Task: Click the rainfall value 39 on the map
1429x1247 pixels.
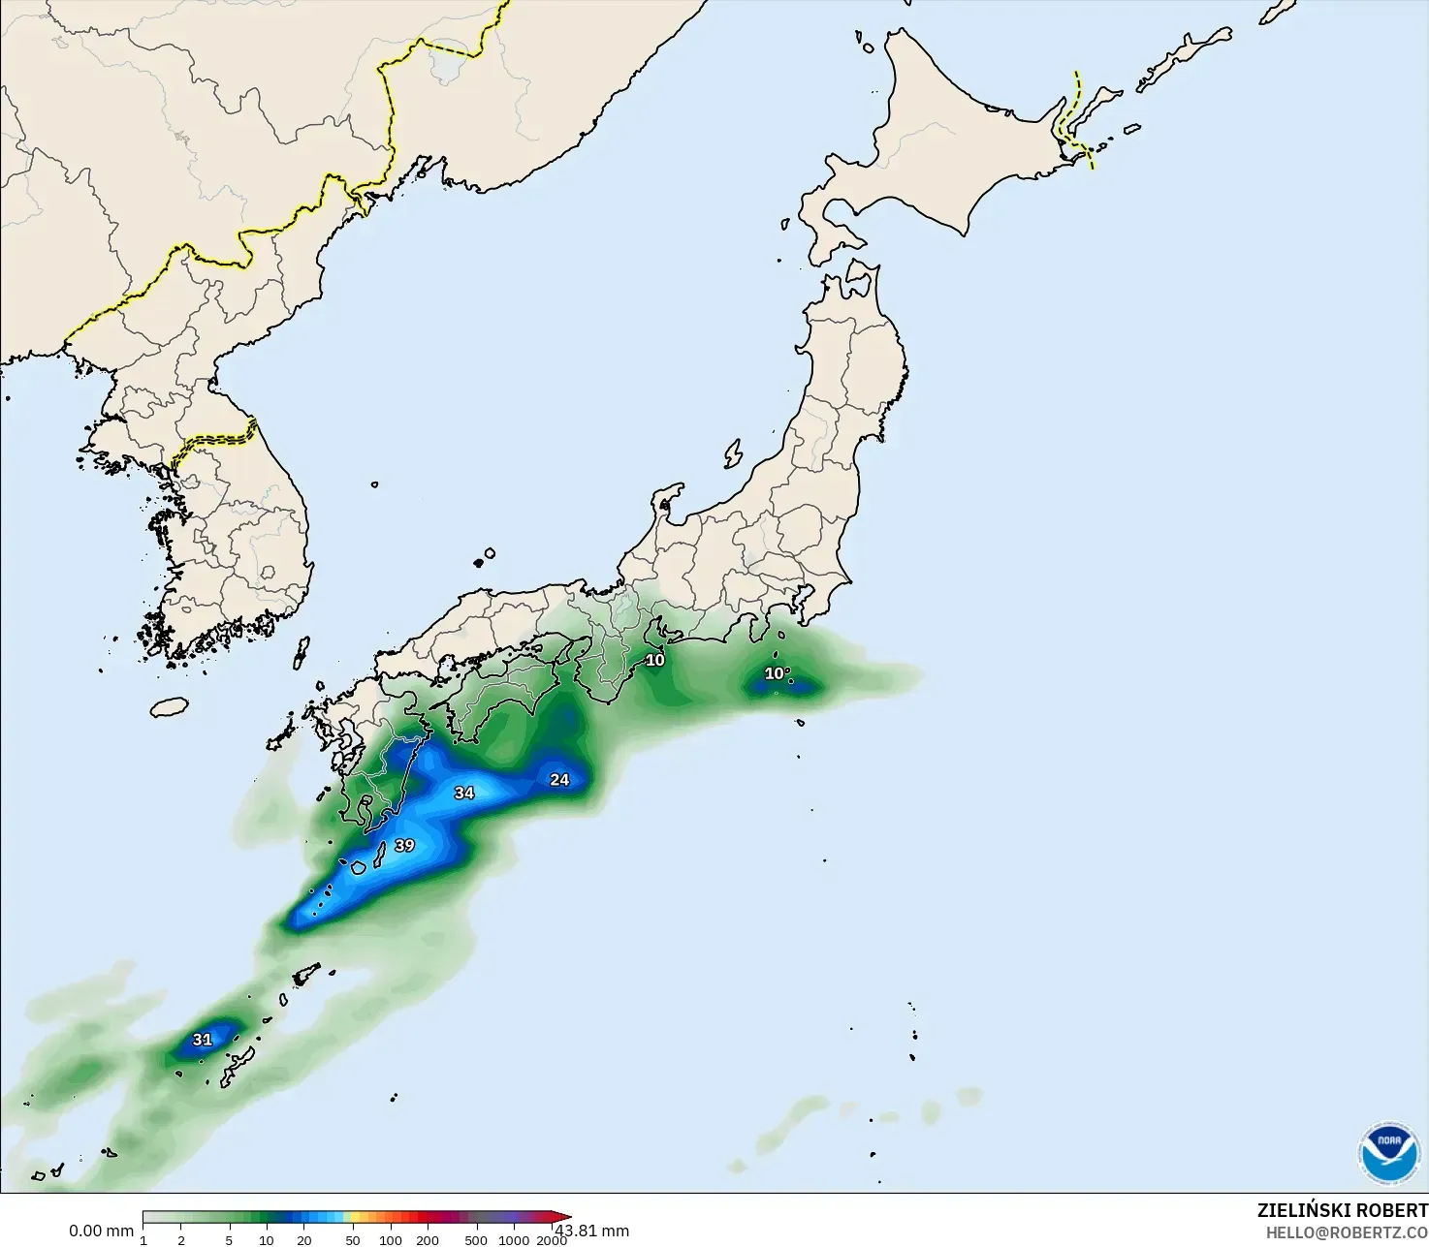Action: [404, 845]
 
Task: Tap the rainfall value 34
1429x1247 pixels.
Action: [464, 793]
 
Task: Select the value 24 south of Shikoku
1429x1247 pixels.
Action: [559, 779]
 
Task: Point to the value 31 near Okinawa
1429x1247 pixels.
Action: [202, 1040]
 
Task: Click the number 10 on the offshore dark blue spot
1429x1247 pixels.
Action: [775, 673]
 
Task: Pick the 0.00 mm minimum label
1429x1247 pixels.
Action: [101, 1231]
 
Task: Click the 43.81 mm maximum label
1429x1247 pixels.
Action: [591, 1231]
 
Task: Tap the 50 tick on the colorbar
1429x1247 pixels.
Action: [352, 1240]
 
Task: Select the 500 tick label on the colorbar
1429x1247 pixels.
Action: [475, 1240]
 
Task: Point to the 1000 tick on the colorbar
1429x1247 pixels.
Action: [514, 1240]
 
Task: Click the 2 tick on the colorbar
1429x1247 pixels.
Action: [181, 1240]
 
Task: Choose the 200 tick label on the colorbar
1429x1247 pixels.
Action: [428, 1240]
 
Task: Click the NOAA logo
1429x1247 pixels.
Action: [1388, 1153]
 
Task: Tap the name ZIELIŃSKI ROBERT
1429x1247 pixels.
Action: [1342, 1210]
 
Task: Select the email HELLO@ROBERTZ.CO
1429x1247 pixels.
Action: [1347, 1232]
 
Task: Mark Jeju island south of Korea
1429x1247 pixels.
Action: [169, 706]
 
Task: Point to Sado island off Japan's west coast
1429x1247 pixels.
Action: [733, 453]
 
